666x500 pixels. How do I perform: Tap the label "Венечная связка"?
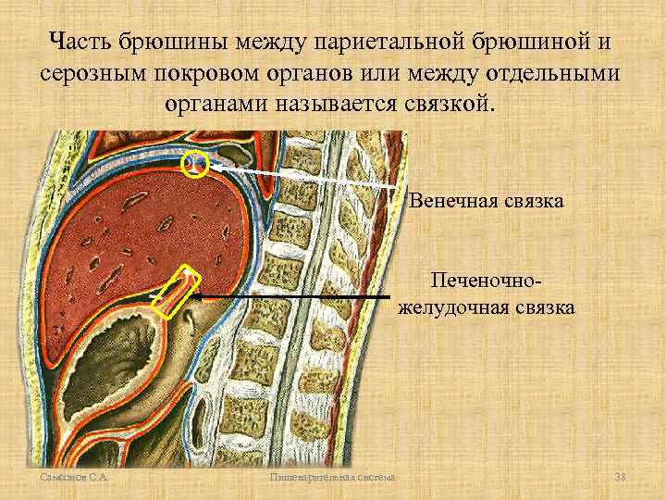pyautogui.click(x=486, y=200)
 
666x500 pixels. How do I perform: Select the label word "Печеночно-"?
pyautogui.click(x=486, y=280)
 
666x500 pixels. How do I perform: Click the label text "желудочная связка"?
pyautogui.click(x=486, y=306)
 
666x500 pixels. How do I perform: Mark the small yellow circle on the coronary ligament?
pyautogui.click(x=195, y=165)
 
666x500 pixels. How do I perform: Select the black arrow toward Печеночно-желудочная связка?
pyautogui.click(x=296, y=295)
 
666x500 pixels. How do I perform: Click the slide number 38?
pyautogui.click(x=620, y=477)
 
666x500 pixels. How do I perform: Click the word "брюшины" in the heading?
pyautogui.click(x=176, y=42)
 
